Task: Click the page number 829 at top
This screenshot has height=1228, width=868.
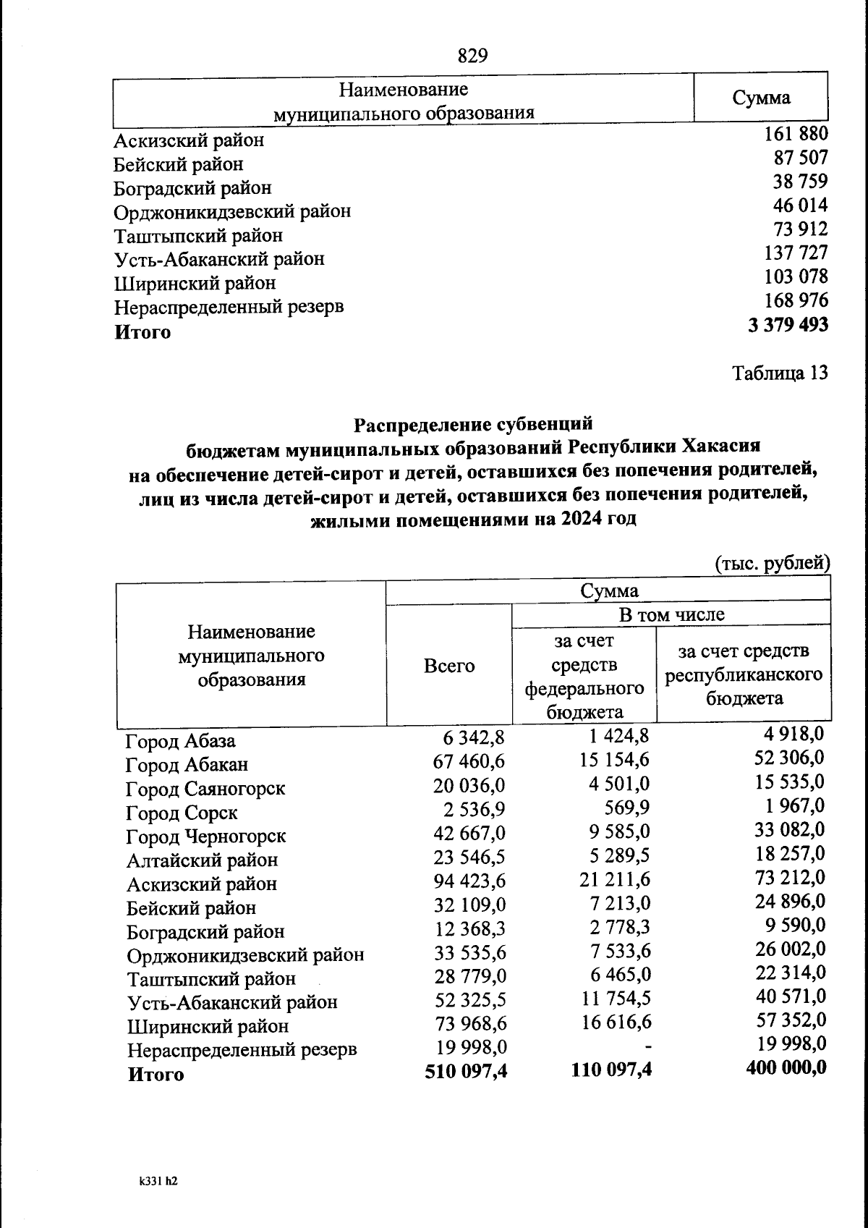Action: [473, 56]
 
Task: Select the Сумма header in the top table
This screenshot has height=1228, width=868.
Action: [761, 98]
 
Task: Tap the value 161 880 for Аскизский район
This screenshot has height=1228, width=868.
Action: [796, 134]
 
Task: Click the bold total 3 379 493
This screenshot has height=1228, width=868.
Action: [788, 325]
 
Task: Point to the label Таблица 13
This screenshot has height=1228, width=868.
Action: [780, 373]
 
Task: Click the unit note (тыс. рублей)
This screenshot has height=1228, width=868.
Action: [772, 562]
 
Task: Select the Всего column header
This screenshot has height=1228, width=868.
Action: [449, 666]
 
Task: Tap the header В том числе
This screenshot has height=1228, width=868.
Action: [671, 615]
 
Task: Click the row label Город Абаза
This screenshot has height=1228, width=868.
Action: [180, 741]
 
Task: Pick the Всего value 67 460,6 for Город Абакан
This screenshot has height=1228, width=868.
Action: [469, 761]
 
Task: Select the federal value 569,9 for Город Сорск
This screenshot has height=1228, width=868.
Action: [626, 808]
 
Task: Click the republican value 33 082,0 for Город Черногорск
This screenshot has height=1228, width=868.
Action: [789, 829]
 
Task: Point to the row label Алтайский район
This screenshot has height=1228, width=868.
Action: [202, 860]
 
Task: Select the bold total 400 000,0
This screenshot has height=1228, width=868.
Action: [786, 1067]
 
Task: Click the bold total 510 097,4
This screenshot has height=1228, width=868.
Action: [466, 1070]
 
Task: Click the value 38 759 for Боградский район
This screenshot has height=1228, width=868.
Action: [800, 182]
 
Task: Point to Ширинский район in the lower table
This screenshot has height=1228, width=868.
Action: [208, 1027]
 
